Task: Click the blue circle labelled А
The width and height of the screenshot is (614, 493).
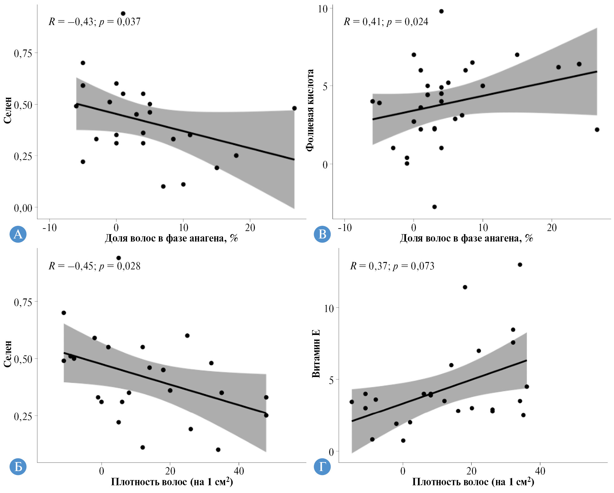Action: [x=18, y=234]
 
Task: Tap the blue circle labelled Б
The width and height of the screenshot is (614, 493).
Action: [x=18, y=466]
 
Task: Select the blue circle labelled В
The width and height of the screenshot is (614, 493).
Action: [x=322, y=234]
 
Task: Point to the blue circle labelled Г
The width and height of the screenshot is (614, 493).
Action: [x=322, y=466]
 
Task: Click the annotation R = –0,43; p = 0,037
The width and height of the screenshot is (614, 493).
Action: [x=94, y=22]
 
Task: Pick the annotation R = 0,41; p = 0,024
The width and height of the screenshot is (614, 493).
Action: [x=386, y=22]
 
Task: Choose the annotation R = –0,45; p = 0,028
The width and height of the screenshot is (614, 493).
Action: [x=94, y=266]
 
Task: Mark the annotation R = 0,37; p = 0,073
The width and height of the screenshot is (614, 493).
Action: [x=392, y=266]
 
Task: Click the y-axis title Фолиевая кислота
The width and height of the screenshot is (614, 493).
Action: [x=310, y=110]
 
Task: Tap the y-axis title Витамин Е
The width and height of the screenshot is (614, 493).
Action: [x=316, y=354]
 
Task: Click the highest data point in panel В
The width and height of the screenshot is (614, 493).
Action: [x=441, y=11]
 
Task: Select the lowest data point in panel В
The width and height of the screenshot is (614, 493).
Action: [x=434, y=207]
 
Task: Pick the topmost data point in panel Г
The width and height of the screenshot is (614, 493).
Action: [x=520, y=265]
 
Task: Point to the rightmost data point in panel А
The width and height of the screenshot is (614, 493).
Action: [x=294, y=108]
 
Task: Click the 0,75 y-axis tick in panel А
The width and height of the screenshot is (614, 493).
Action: [x=23, y=54]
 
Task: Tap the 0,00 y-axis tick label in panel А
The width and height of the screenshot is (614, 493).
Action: [x=23, y=208]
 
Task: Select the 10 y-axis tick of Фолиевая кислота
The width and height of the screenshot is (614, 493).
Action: [x=323, y=9]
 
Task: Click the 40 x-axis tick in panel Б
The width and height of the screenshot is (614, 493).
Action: [x=239, y=471]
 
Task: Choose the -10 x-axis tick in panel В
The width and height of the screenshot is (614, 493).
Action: [x=345, y=228]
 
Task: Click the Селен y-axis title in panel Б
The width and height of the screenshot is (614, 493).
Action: [x=8, y=354]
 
